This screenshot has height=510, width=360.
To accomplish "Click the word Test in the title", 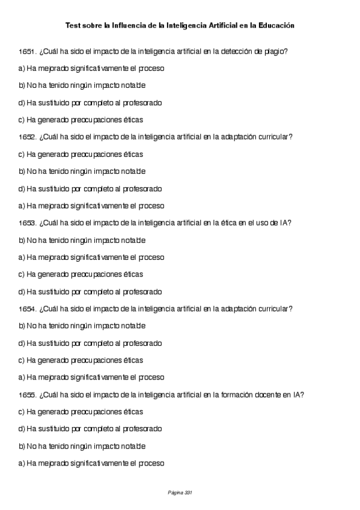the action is click(72, 26).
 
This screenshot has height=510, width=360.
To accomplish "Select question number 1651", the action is click(28, 52).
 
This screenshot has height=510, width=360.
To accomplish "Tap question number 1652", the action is click(28, 137).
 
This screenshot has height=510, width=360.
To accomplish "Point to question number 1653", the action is click(28, 223).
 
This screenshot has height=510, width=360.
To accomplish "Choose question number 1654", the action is click(28, 309).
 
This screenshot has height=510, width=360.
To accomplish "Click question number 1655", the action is click(28, 395).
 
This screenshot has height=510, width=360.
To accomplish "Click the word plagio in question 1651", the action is click(276, 52).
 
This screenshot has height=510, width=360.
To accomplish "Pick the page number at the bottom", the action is click(180, 493).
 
